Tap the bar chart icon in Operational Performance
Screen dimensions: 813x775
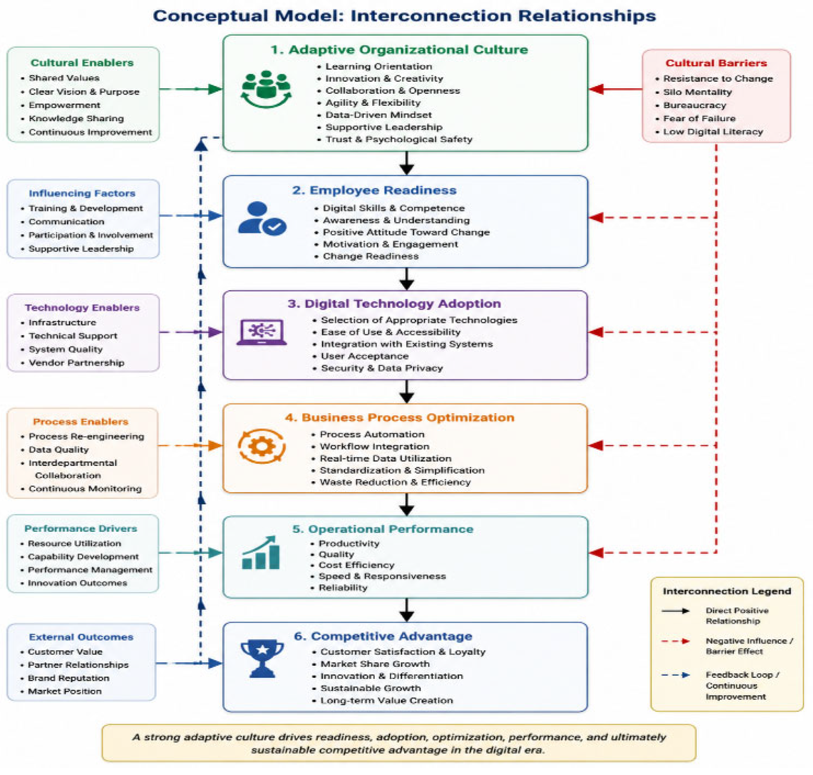tap(261, 553)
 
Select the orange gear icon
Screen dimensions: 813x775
tap(262, 447)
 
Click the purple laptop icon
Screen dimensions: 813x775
tap(262, 332)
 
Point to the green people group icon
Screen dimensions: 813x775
tap(266, 89)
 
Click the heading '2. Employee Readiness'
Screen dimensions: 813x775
tap(374, 190)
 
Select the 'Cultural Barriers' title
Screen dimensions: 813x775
tap(716, 63)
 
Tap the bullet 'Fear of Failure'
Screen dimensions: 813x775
tap(699, 118)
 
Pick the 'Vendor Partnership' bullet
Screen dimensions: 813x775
tap(76, 363)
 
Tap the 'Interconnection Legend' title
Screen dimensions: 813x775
tap(727, 591)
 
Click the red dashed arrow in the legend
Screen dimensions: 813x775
tap(676, 641)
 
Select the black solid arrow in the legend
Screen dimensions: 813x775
tap(676, 611)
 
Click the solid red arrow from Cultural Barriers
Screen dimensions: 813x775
tap(615, 89)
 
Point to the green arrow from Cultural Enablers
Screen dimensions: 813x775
tap(191, 89)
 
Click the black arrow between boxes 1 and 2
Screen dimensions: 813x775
tap(406, 163)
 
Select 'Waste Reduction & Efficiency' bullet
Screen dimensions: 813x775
tap(395, 482)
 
